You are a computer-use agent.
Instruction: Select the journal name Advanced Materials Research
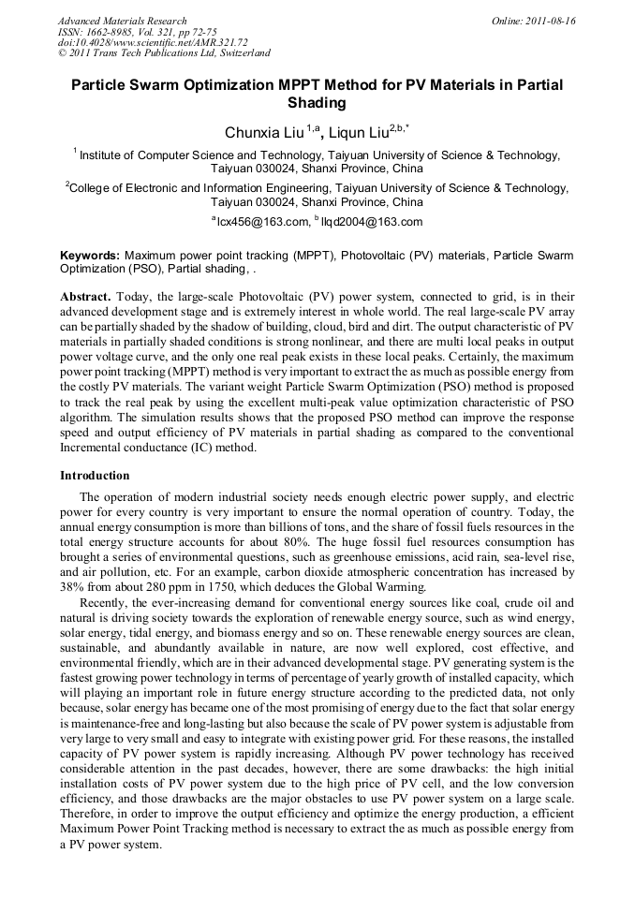[122, 21]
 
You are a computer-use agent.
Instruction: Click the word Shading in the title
[317, 103]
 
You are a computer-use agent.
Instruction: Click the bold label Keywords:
[90, 255]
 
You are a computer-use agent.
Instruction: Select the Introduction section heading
[95, 475]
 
